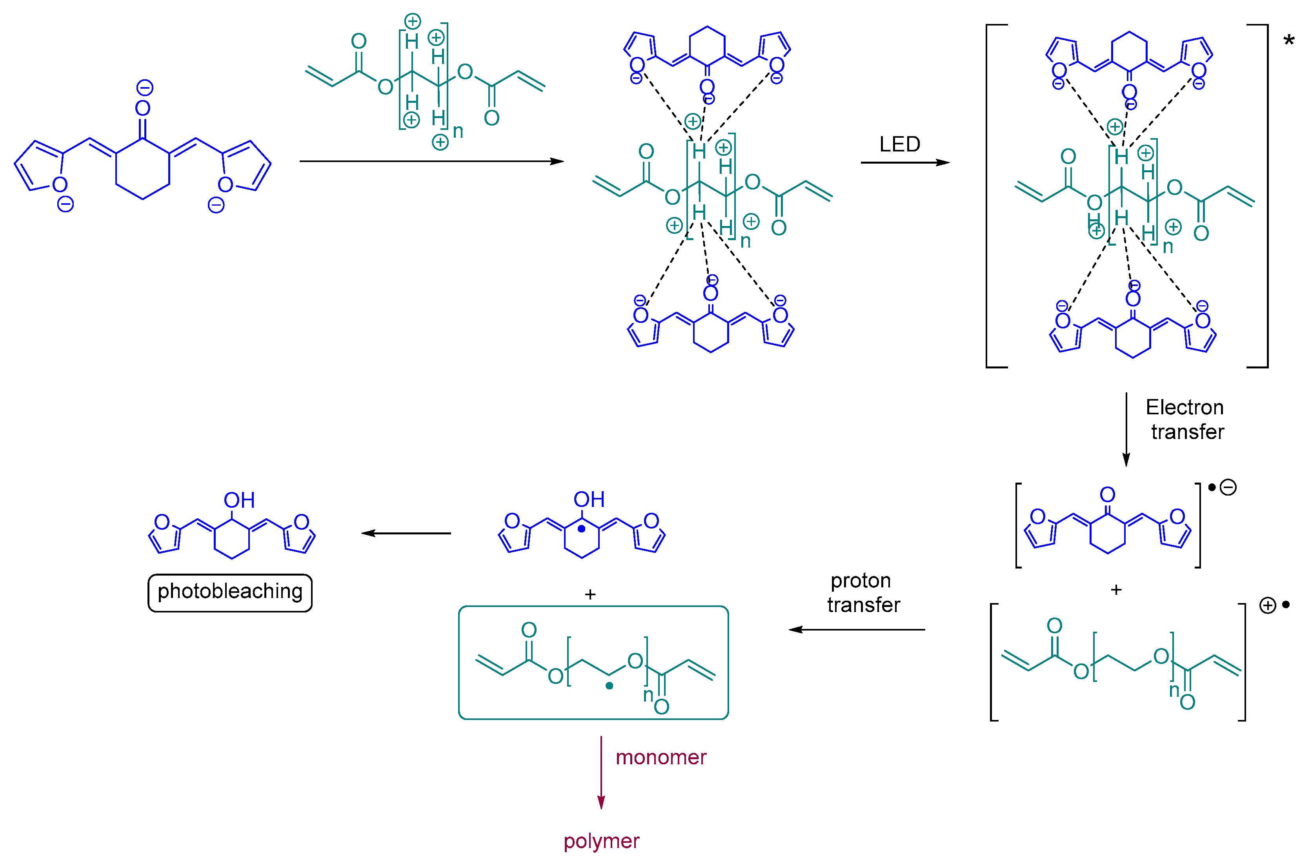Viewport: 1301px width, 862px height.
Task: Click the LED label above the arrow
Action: (899, 144)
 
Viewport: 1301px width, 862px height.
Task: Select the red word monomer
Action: (661, 758)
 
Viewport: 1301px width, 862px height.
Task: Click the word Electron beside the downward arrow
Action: (1184, 407)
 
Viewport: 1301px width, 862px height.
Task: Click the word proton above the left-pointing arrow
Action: (861, 581)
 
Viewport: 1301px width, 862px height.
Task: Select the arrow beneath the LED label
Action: (904, 163)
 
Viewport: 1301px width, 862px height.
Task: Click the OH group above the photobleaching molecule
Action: (239, 500)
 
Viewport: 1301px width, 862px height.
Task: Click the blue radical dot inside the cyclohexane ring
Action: (581, 529)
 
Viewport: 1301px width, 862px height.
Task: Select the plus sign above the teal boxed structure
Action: (590, 595)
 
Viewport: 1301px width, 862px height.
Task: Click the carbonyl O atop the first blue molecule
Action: (143, 108)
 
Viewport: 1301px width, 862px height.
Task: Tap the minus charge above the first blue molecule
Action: (144, 87)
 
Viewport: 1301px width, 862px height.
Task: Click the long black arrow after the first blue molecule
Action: (431, 161)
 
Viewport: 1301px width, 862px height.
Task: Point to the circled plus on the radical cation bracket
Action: (1268, 606)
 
